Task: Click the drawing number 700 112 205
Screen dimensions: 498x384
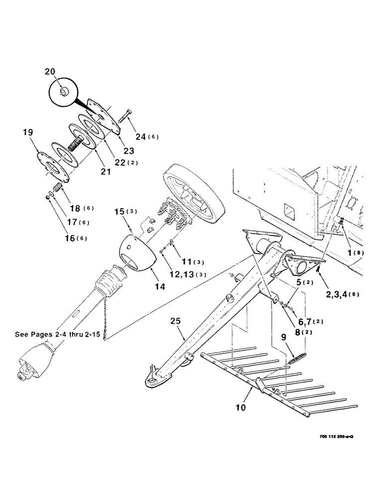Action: click(x=332, y=436)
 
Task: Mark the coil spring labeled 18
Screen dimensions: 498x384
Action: click(x=56, y=189)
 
